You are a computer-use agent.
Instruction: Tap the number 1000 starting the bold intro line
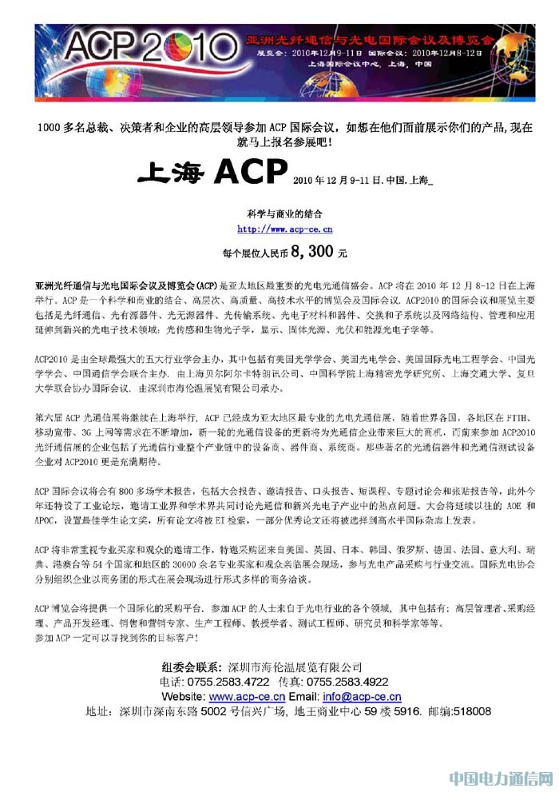(50, 127)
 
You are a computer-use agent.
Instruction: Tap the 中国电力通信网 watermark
(499, 778)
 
